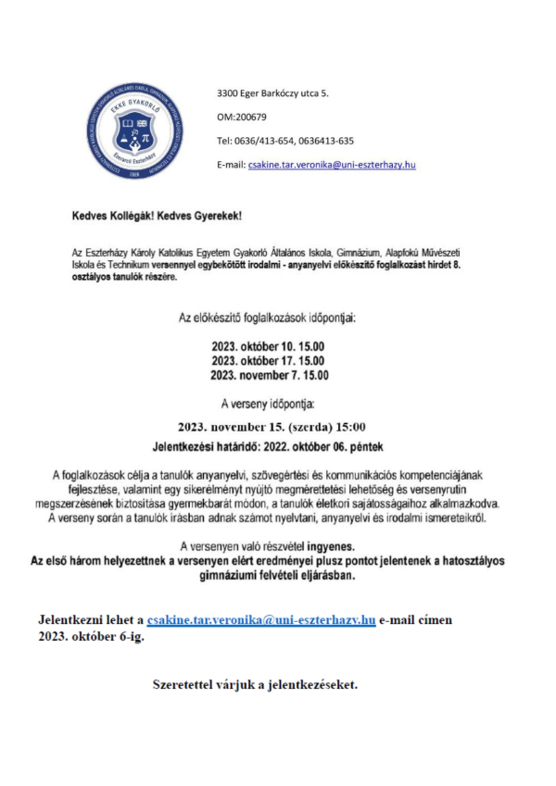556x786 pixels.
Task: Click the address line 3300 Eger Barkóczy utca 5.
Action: (272, 94)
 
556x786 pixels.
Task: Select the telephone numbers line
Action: (284, 141)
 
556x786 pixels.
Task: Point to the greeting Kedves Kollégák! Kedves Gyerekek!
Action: (156, 215)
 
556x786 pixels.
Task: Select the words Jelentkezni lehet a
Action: (91, 618)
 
